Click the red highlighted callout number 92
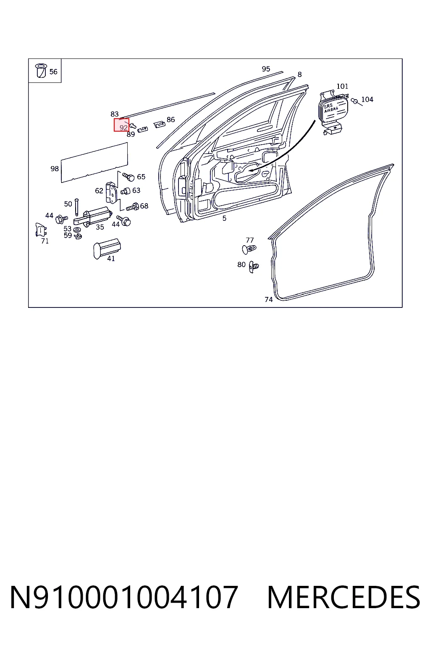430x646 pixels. (x=123, y=127)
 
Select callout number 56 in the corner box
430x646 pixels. (x=53, y=71)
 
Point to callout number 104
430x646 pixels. (x=367, y=100)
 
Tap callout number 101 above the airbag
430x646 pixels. (x=342, y=86)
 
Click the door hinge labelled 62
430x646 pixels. (x=111, y=192)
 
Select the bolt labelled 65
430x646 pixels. (x=128, y=177)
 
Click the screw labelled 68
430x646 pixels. (x=133, y=207)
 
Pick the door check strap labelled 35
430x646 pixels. (x=93, y=216)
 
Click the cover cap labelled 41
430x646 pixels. (x=107, y=249)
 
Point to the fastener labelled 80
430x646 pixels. (x=254, y=267)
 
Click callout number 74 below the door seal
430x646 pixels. (x=268, y=299)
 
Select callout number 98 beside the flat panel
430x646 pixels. (x=55, y=169)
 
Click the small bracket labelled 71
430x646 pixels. (x=41, y=230)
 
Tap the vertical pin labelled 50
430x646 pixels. (x=76, y=207)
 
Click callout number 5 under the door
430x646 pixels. (x=224, y=218)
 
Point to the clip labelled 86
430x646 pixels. (x=159, y=124)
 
